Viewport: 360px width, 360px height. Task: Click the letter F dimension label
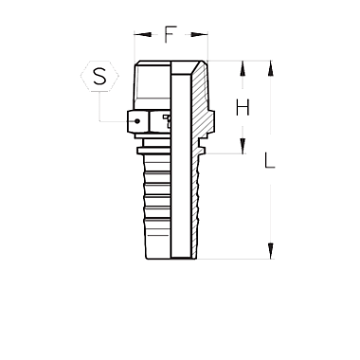(x=170, y=34)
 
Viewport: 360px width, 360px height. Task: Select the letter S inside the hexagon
(x=99, y=76)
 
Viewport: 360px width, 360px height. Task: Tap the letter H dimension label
(x=243, y=107)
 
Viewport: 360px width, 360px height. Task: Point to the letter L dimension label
(x=269, y=160)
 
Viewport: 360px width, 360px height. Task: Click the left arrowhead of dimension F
(x=142, y=34)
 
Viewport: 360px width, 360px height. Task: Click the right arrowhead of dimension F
(x=200, y=34)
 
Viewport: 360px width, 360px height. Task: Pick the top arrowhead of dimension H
(x=243, y=68)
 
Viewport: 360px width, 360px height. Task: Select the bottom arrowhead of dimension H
(x=243, y=146)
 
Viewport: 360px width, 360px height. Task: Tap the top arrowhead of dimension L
(x=270, y=68)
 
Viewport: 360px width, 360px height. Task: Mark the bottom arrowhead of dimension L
(x=270, y=251)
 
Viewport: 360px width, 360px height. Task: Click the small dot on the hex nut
(x=137, y=121)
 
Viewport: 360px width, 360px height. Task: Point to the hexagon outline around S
(x=81, y=76)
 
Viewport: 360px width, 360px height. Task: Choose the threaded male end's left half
(x=153, y=84)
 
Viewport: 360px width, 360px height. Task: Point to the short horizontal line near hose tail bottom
(x=158, y=236)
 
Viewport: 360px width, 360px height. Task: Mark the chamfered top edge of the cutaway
(x=196, y=68)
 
